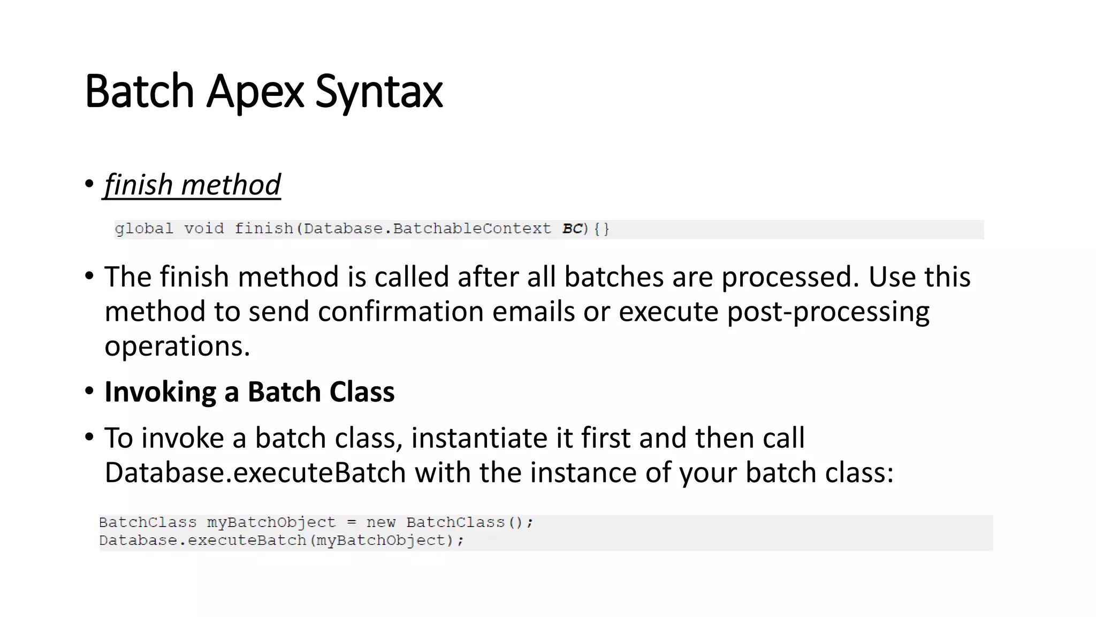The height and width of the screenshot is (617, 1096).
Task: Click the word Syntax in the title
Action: [x=379, y=92]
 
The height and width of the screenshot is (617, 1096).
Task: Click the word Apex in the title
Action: [x=255, y=92]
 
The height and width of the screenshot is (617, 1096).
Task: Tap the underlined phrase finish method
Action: [x=192, y=185]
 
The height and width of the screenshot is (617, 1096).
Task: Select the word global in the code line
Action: [x=144, y=229]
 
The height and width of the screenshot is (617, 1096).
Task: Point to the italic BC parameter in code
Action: [x=572, y=229]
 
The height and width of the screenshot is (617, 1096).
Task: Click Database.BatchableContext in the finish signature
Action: [x=427, y=229]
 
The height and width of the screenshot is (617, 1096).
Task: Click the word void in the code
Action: [x=204, y=229]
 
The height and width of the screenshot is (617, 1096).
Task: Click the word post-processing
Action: [x=828, y=311]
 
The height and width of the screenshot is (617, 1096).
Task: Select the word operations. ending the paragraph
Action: [x=177, y=346]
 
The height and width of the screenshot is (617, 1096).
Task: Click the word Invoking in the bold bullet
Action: [x=160, y=392]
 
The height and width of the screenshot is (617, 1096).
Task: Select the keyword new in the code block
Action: [x=381, y=522]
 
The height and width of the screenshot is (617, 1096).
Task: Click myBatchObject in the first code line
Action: [x=271, y=522]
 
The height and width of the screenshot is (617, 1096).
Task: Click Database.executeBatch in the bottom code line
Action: [x=202, y=540]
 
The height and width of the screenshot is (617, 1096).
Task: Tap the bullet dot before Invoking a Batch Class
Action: [x=89, y=391]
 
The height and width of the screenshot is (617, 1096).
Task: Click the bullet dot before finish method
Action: [x=89, y=184]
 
